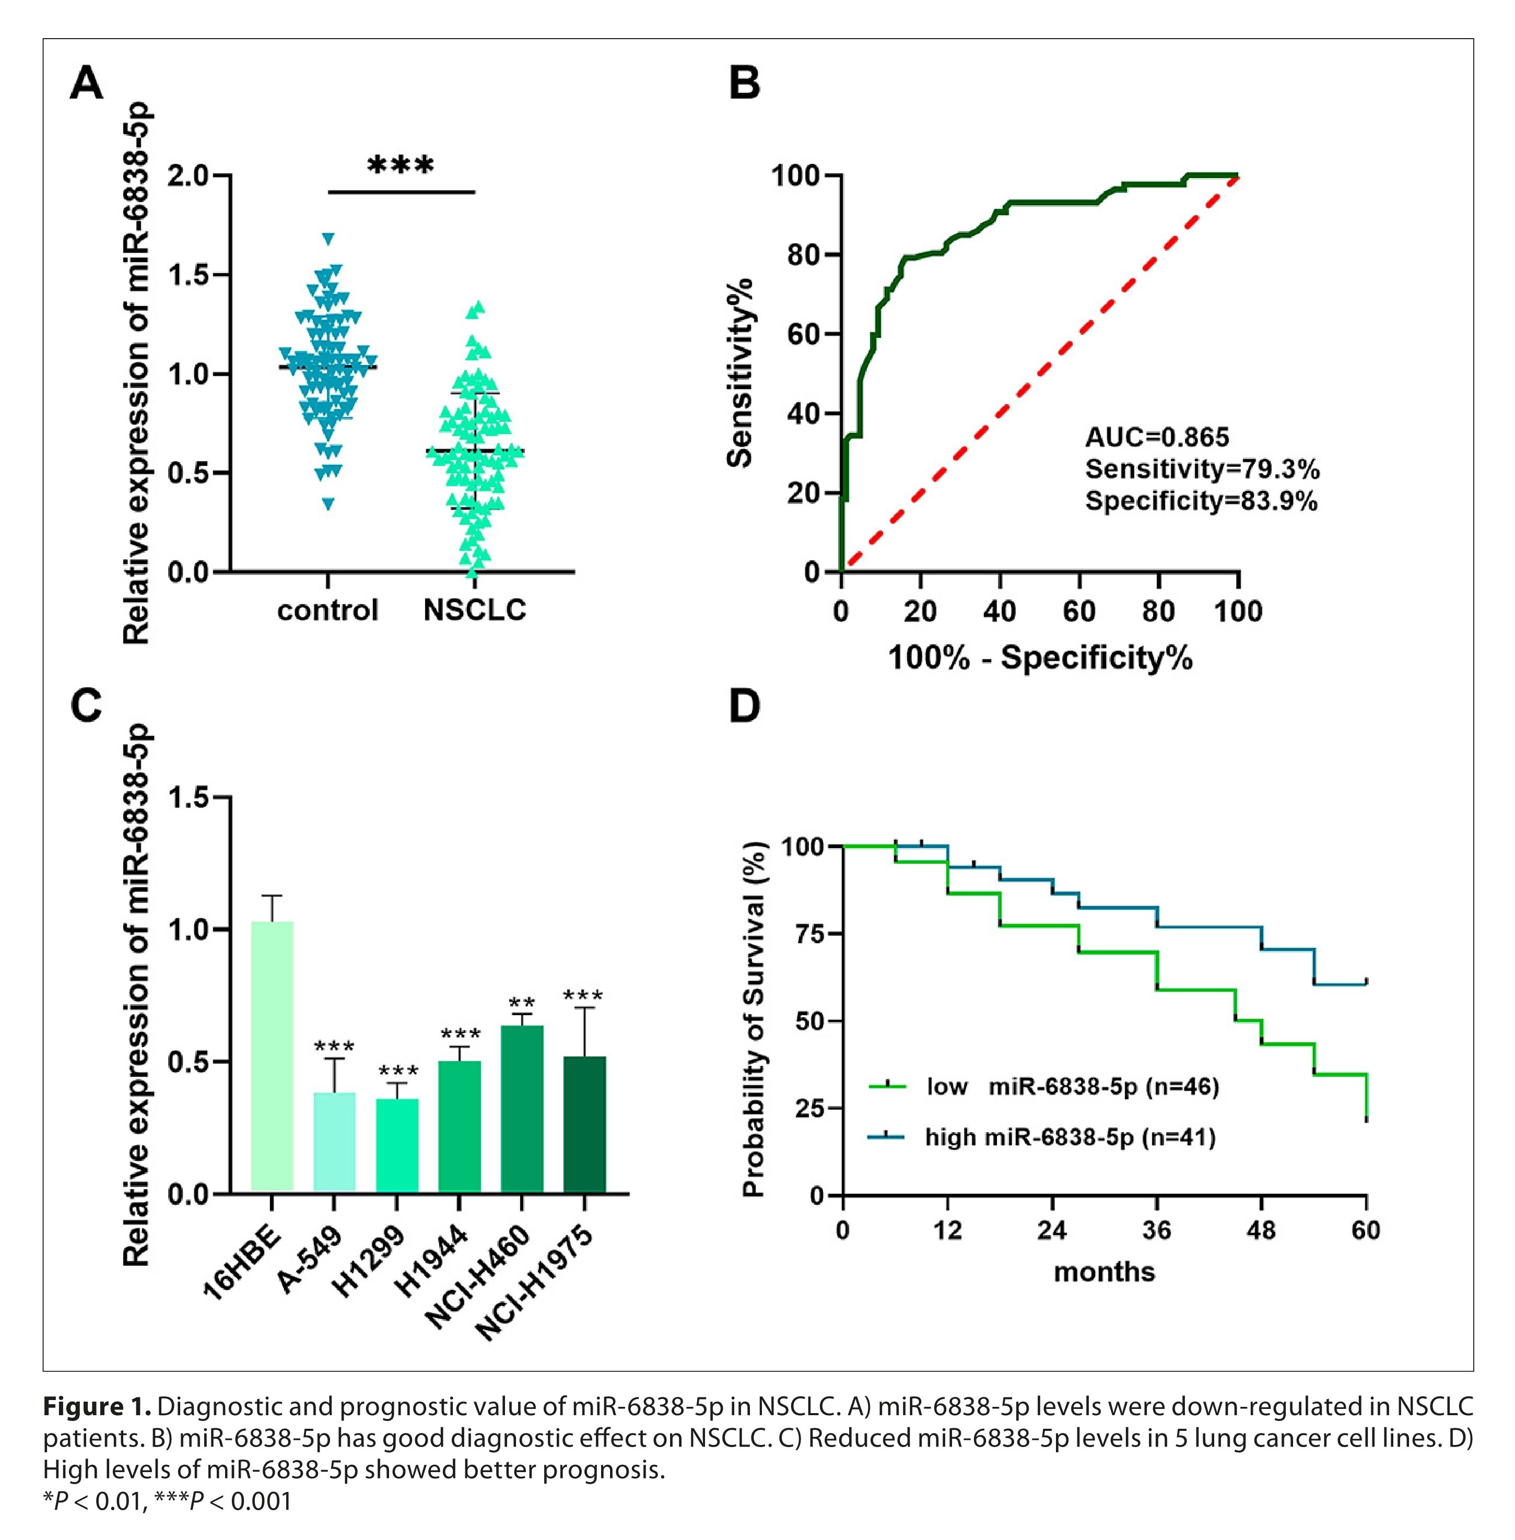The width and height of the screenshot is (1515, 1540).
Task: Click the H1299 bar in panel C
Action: point(397,1145)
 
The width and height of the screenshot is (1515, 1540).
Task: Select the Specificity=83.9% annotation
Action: point(1201,501)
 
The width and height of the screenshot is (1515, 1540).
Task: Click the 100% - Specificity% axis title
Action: point(1039,659)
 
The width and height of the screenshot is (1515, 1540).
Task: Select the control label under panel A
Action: point(327,610)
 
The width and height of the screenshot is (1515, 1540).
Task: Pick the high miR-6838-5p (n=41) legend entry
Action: point(1070,1137)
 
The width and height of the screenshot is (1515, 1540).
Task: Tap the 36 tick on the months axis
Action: point(1156,1230)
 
